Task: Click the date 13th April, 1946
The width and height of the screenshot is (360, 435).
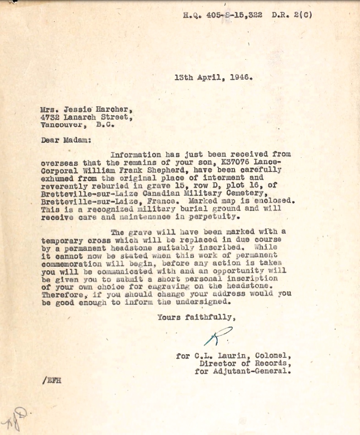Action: [213, 77]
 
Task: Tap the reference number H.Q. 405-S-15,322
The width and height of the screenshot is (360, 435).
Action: [223, 15]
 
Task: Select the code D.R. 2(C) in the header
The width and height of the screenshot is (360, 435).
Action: [292, 15]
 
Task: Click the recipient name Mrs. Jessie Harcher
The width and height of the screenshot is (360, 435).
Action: [87, 110]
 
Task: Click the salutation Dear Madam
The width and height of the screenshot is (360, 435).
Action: [66, 140]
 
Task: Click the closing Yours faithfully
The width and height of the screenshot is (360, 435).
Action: [197, 317]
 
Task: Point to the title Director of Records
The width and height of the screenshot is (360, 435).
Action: [245, 363]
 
